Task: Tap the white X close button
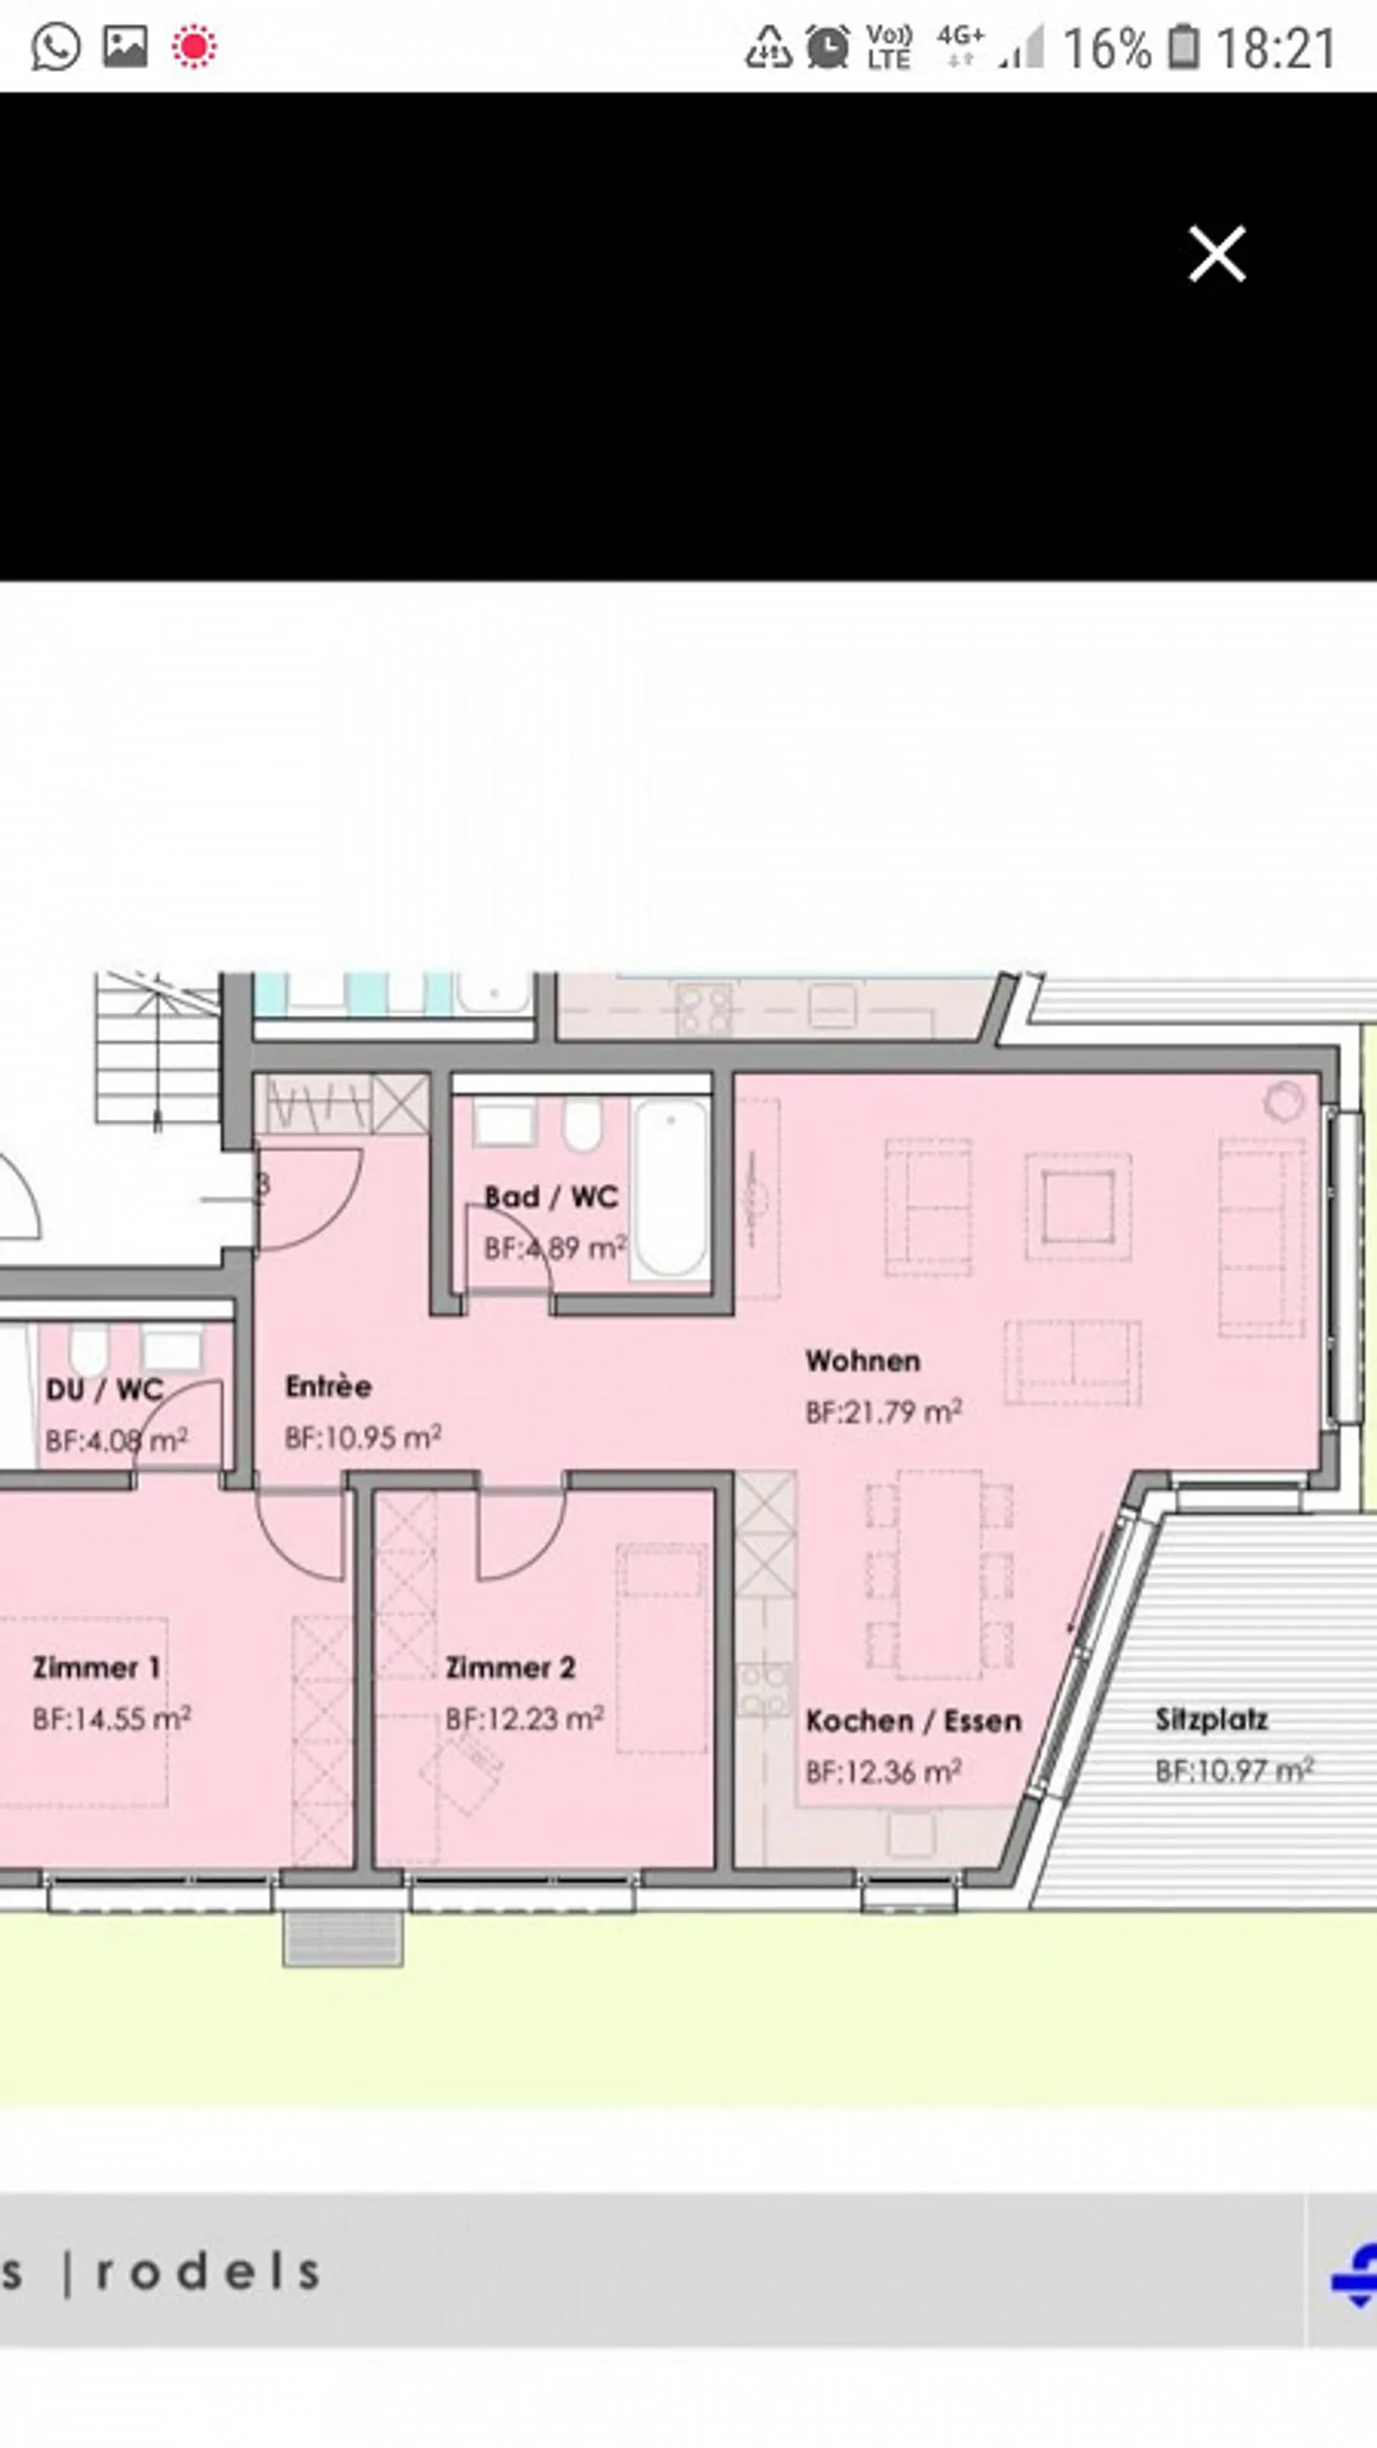[x=1216, y=253]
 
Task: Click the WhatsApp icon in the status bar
[x=55, y=46]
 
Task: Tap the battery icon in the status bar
[x=1184, y=47]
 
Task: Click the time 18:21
[x=1276, y=48]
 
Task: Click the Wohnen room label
[x=863, y=1361]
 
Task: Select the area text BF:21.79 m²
[x=884, y=1411]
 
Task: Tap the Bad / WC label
[x=551, y=1196]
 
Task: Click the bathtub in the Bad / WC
[x=670, y=1188]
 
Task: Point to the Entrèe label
[x=328, y=1386]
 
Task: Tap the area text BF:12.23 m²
[x=524, y=1717]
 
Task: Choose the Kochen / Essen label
[x=913, y=1720]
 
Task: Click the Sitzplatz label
[x=1212, y=1719]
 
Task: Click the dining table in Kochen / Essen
[x=940, y=1574]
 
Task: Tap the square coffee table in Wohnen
[x=1079, y=1207]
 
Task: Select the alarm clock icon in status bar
[x=827, y=46]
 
